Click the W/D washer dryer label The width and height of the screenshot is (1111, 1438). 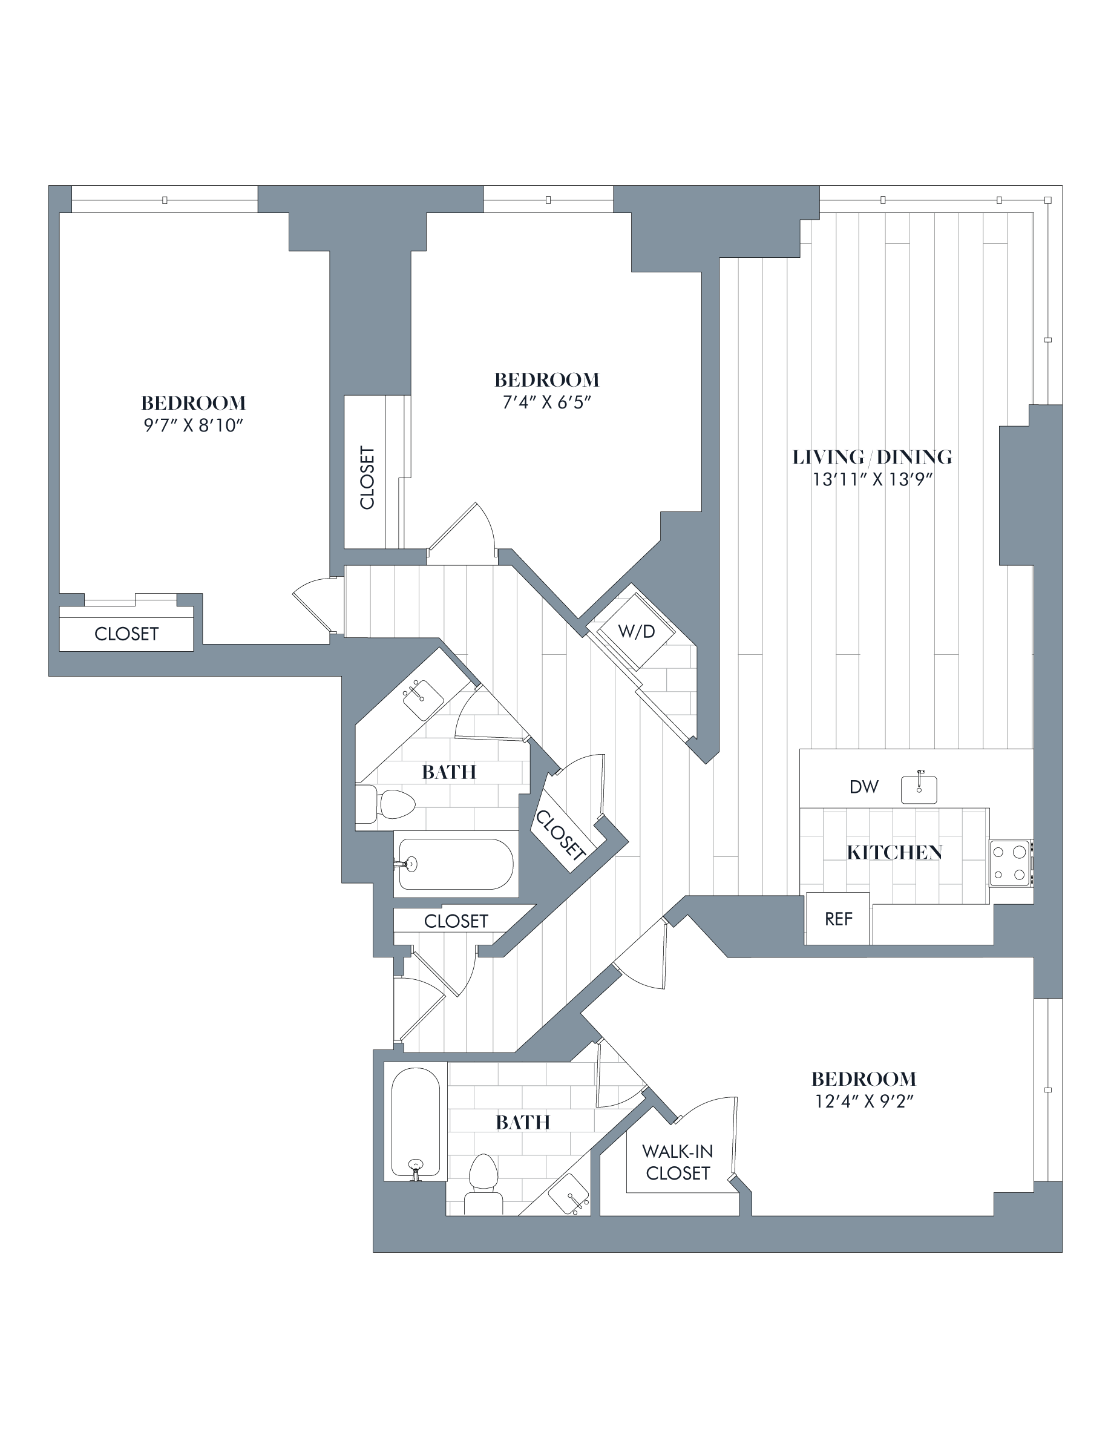(x=637, y=631)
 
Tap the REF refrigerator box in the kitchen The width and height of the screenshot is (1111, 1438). (x=838, y=919)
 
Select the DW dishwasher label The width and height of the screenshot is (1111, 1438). (x=864, y=786)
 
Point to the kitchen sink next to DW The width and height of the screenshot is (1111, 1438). (x=919, y=789)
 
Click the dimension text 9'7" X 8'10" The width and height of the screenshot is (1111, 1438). (x=194, y=425)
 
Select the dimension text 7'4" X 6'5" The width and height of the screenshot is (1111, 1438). (x=546, y=402)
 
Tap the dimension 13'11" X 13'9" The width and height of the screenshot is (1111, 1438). (x=873, y=479)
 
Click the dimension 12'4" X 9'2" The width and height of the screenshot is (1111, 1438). (x=864, y=1101)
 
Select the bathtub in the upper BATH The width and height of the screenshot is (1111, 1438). (x=456, y=864)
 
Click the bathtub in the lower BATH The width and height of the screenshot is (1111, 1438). (x=415, y=1122)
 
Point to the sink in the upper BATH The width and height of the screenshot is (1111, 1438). (x=422, y=699)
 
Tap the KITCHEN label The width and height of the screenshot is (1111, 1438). (x=894, y=853)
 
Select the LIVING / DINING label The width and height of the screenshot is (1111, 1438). (x=871, y=457)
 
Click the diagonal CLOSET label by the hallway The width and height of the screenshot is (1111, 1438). (x=561, y=835)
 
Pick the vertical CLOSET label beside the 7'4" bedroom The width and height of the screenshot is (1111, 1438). (x=367, y=478)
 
